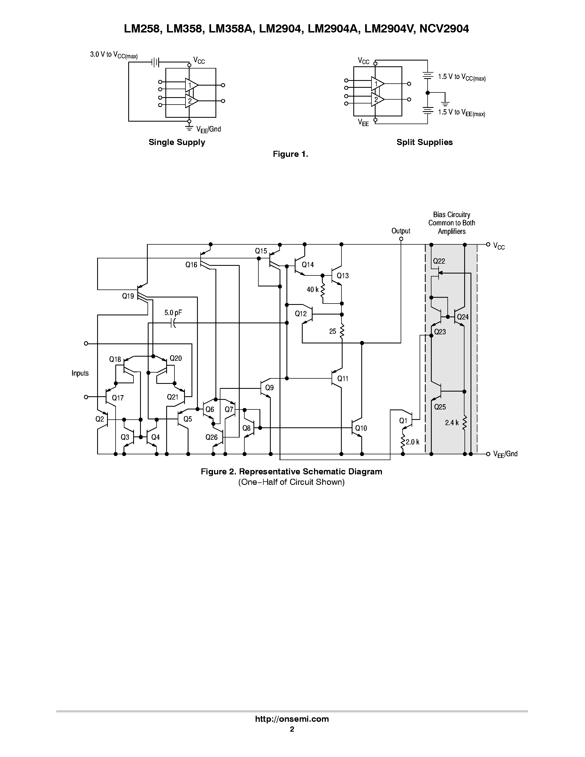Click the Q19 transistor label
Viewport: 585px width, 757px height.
click(x=128, y=296)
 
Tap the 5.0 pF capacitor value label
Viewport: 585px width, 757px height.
click(x=173, y=313)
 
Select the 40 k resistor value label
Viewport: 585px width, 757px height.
click(x=312, y=289)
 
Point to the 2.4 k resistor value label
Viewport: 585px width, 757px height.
click(x=452, y=422)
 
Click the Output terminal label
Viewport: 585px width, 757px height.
click(x=401, y=231)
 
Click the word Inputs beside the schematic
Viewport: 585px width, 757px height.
click(x=80, y=373)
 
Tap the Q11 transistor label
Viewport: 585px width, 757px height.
click(x=343, y=379)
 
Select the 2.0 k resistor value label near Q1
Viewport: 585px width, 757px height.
click(x=412, y=442)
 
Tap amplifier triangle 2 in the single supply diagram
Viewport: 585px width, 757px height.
click(x=191, y=101)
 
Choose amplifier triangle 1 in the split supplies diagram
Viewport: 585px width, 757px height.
click(x=377, y=84)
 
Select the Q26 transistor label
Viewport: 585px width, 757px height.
click(x=211, y=437)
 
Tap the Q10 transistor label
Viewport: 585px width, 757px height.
click(x=361, y=428)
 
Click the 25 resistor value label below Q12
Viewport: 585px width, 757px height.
click(x=332, y=331)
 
